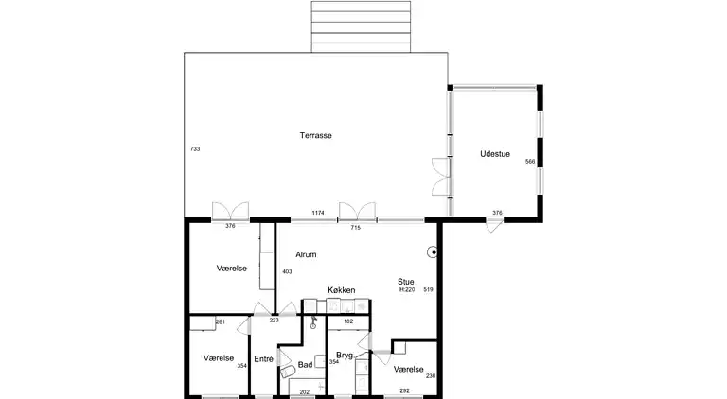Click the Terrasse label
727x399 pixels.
[x=316, y=135]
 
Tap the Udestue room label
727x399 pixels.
[x=495, y=154]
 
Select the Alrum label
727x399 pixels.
[x=306, y=254]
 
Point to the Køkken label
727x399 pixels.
[x=341, y=290]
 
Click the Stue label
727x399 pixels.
[x=406, y=282]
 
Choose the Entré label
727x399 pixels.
[x=264, y=358]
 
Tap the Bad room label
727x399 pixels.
[x=305, y=365]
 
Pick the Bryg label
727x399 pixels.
[x=345, y=356]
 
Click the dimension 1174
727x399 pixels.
[x=318, y=213]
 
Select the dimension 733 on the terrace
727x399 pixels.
[x=195, y=149]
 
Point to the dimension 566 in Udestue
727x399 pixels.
[x=530, y=162]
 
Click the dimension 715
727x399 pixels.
[x=356, y=228]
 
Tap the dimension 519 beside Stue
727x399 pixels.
[x=428, y=289]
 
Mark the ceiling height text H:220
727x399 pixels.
[x=407, y=290]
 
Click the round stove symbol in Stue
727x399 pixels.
[x=432, y=252]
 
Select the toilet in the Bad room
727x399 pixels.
[x=288, y=372]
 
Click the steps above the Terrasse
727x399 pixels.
[x=361, y=26]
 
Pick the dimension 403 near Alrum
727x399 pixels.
[x=287, y=271]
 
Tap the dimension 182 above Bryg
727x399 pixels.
[x=348, y=321]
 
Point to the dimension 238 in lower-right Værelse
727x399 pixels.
[x=431, y=376]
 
